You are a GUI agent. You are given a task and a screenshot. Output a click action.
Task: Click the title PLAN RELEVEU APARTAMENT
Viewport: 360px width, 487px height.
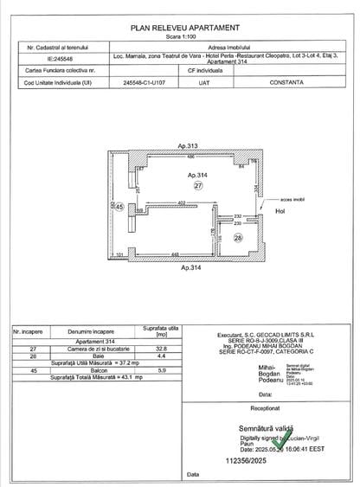pos(180,29)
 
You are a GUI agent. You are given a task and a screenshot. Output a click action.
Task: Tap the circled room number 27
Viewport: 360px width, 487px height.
pos(198,185)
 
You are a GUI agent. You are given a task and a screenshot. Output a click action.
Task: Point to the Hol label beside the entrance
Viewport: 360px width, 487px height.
pos(280,208)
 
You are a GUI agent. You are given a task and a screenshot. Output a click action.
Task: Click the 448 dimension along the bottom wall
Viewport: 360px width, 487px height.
pos(174,254)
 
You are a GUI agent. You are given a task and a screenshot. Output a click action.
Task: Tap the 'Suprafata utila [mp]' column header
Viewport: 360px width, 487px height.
pos(159,330)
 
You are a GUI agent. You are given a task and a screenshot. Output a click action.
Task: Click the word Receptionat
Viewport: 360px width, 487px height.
pos(265,405)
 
